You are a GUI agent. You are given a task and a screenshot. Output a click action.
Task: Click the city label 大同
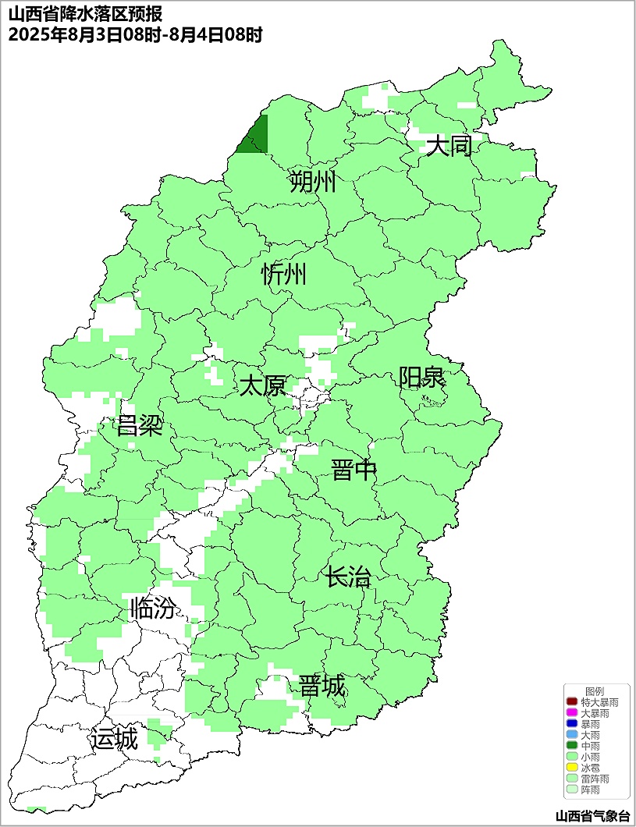pyautogui.click(x=449, y=146)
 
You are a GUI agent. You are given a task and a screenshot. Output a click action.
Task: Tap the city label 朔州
pyautogui.click(x=312, y=183)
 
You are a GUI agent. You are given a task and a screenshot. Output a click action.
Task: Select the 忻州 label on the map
pyautogui.click(x=284, y=275)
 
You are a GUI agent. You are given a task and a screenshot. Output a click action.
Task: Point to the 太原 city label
pyautogui.click(x=262, y=386)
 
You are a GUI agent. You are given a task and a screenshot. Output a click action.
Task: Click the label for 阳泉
pyautogui.click(x=421, y=378)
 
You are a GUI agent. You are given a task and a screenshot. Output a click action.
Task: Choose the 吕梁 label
pyautogui.click(x=139, y=426)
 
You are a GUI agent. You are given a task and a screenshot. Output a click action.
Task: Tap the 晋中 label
pyautogui.click(x=354, y=470)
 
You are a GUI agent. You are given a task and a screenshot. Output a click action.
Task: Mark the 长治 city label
pyautogui.click(x=348, y=578)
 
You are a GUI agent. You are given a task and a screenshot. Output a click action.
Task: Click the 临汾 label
pyautogui.click(x=152, y=608)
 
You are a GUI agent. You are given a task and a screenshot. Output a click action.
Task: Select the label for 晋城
pyautogui.click(x=322, y=687)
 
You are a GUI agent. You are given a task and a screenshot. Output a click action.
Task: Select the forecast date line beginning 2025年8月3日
pyautogui.click(x=134, y=34)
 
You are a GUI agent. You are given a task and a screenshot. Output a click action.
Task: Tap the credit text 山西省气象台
pyautogui.click(x=592, y=816)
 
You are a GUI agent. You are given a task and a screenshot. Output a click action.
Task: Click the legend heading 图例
pyautogui.click(x=595, y=691)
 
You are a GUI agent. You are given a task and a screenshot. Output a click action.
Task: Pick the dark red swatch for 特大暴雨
pyautogui.click(x=572, y=703)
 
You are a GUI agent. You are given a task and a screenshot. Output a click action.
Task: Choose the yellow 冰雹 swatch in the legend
pyautogui.click(x=572, y=768)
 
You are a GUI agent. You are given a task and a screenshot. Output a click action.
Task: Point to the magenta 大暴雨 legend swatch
pyautogui.click(x=572, y=714)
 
